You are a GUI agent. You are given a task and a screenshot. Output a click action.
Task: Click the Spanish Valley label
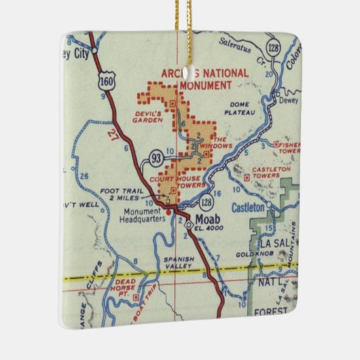[x=179, y=262]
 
